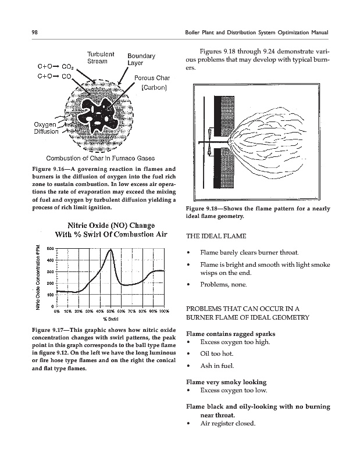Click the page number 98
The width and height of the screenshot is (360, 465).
point(35,33)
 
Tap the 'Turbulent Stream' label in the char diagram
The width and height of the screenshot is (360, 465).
point(101,58)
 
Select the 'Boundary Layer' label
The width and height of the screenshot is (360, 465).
point(141,59)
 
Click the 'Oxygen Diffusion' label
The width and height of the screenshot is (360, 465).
point(47,128)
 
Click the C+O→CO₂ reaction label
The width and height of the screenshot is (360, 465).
point(56,67)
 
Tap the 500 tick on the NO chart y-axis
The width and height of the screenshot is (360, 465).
point(50,249)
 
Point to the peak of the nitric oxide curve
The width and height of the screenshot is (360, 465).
point(111,250)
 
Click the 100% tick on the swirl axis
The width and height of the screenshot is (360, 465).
point(164,311)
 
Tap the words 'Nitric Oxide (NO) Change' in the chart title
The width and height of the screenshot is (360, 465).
point(111,226)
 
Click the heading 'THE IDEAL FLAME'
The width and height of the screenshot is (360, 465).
point(216,237)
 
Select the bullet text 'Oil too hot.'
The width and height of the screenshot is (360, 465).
point(217,353)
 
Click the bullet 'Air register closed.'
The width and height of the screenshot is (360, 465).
point(227,423)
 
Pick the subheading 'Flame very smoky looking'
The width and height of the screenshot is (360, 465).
point(226,382)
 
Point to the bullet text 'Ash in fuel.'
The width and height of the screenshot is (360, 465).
point(218,366)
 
